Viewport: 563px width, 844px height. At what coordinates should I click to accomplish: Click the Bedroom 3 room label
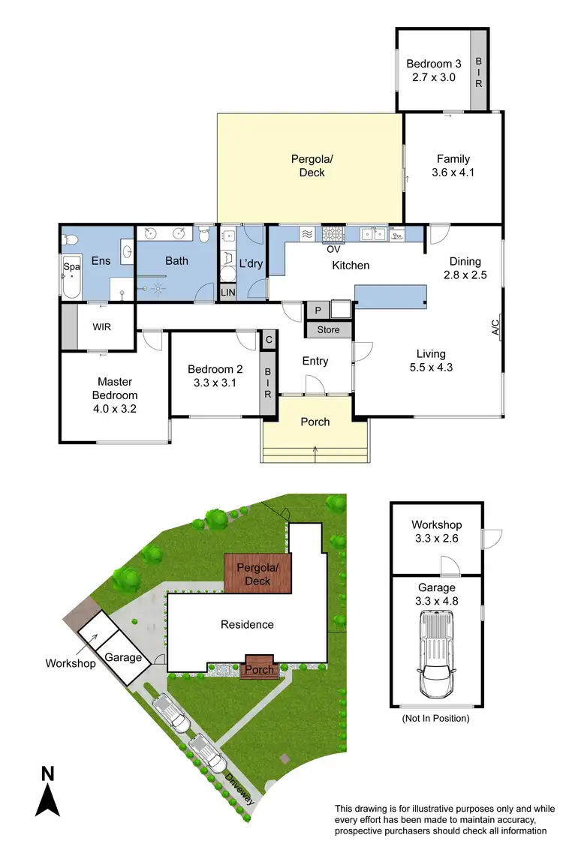(x=431, y=70)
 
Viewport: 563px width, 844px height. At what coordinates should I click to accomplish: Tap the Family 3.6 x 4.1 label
(x=453, y=165)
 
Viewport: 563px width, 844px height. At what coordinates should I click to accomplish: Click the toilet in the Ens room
(x=70, y=240)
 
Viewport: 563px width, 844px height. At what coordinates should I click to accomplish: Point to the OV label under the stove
(x=333, y=250)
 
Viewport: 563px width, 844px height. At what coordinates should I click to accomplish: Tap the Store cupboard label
(x=328, y=329)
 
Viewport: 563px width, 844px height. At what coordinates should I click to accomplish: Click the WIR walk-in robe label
(x=102, y=327)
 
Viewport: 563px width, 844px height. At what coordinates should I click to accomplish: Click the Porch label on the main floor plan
(x=315, y=422)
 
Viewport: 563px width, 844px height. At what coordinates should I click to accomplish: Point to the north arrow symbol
(x=48, y=793)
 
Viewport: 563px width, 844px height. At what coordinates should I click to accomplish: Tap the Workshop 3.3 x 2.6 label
(x=436, y=531)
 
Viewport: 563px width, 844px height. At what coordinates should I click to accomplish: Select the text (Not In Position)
(x=435, y=718)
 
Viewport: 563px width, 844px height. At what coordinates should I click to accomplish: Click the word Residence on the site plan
(x=247, y=624)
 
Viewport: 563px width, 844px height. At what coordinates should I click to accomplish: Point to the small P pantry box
(x=318, y=311)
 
